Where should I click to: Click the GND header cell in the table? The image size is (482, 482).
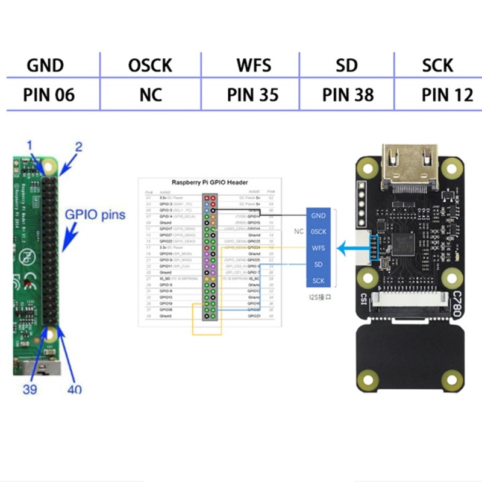[45, 65]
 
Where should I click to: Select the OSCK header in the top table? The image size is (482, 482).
[150, 65]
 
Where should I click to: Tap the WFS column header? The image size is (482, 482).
[253, 65]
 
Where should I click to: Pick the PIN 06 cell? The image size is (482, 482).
[49, 95]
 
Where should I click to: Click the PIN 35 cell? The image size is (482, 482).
[253, 95]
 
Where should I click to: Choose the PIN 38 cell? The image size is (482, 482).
[348, 95]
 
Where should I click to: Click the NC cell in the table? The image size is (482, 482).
[150, 95]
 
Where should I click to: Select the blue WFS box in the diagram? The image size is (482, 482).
[318, 248]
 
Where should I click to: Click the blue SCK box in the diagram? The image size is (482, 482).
[318, 281]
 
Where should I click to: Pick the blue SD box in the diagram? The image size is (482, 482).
[318, 264]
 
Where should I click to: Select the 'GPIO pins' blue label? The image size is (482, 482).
[97, 214]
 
